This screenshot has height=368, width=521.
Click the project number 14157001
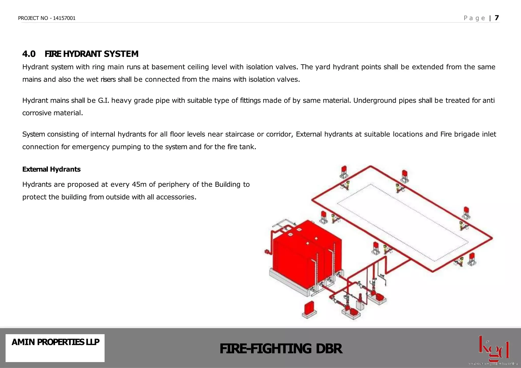point(64,18)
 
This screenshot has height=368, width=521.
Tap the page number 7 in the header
point(497,18)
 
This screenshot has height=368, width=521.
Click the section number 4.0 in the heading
point(29,54)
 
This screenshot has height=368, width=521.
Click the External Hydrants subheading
point(51,169)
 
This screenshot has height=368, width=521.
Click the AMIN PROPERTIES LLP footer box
point(55,348)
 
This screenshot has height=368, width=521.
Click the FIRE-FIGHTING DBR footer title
point(281,348)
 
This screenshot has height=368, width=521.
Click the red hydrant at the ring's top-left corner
point(344,171)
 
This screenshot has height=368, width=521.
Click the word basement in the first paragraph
point(168,67)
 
